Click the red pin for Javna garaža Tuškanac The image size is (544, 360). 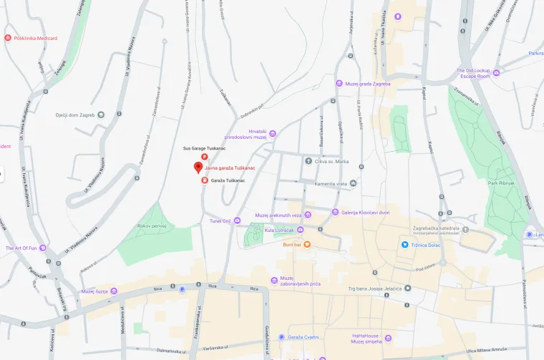[198, 167]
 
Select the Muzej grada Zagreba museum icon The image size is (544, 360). [339, 84]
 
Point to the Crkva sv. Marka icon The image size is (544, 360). [308, 161]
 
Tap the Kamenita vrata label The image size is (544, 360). [330, 184]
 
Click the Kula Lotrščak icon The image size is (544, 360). [300, 230]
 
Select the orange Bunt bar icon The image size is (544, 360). [307, 245]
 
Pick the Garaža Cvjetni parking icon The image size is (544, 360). [281, 337]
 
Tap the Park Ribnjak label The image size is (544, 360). [502, 183]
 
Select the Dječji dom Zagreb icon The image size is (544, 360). [101, 115]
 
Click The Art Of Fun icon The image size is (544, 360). [43, 248]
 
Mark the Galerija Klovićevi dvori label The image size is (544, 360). [365, 213]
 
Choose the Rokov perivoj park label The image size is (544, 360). [152, 226]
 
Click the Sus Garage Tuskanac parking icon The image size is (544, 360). [204, 157]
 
